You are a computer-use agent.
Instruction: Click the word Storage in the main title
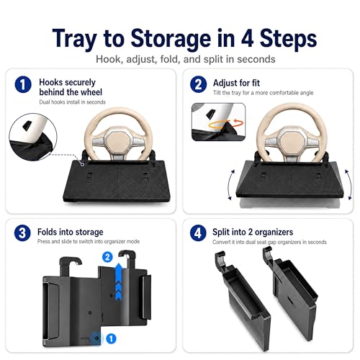(x=171, y=39)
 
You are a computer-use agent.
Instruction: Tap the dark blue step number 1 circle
(x=23, y=84)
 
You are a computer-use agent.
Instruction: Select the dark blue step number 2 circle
(x=198, y=84)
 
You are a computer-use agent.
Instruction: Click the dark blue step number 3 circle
(x=22, y=233)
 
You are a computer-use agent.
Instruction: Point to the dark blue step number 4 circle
(x=198, y=233)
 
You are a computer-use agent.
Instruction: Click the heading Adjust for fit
(x=236, y=83)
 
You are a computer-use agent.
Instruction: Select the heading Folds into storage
(x=71, y=232)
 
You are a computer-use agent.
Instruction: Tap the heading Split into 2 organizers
(x=253, y=232)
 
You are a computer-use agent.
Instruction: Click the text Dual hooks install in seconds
(x=73, y=102)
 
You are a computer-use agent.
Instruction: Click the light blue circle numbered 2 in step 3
(x=107, y=257)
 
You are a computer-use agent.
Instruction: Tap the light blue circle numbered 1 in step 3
(x=111, y=338)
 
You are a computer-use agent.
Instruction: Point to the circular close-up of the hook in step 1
(x=33, y=137)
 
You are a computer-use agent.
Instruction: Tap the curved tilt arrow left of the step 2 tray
(x=230, y=184)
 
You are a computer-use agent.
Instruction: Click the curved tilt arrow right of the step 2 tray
(x=349, y=184)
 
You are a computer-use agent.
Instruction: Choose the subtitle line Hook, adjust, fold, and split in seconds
(x=186, y=59)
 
